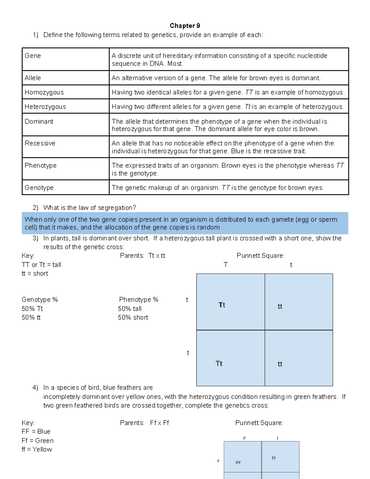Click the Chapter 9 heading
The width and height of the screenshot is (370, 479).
tap(185, 26)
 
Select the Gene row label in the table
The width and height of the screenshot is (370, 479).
tap(33, 56)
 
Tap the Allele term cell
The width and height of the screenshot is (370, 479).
tap(33, 78)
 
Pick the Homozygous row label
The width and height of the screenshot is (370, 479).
tap(44, 92)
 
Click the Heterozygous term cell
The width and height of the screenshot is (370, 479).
tap(45, 107)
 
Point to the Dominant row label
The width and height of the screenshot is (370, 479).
tap(39, 122)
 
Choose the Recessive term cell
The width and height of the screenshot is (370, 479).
tap(40, 143)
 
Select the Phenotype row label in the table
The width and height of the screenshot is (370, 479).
tap(40, 166)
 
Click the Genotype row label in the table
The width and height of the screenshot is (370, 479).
tap(39, 188)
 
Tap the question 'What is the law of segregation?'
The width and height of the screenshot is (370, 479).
tap(89, 208)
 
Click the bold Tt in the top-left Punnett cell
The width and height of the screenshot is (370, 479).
tap(222, 305)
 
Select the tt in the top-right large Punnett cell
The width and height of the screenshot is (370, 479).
tap(280, 307)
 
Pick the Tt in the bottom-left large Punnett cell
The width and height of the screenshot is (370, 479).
tap(219, 364)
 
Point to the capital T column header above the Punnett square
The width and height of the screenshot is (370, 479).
tap(226, 265)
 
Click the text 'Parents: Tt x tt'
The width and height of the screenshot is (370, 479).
tap(142, 256)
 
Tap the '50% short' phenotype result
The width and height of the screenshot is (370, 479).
tap(133, 318)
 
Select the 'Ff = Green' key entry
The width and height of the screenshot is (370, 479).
tap(38, 441)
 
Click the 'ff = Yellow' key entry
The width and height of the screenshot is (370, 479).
tap(37, 450)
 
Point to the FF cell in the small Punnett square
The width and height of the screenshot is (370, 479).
tap(238, 463)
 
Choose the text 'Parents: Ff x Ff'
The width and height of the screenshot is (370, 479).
tap(144, 423)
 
